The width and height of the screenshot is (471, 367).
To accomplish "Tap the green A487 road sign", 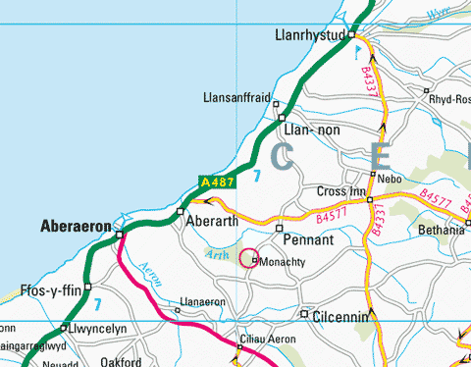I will tap(216, 182).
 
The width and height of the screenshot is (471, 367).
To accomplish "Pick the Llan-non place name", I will tap(308, 130).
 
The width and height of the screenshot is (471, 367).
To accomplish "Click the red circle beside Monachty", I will tap(247, 258).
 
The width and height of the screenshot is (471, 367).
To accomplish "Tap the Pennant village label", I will tap(308, 239).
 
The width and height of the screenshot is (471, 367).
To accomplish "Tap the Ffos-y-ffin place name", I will tap(47, 290).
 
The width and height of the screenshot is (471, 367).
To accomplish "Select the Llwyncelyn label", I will tap(99, 329).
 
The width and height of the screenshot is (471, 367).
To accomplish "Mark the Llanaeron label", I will tap(203, 302).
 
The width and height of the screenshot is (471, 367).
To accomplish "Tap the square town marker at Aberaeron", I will tap(119, 235).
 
